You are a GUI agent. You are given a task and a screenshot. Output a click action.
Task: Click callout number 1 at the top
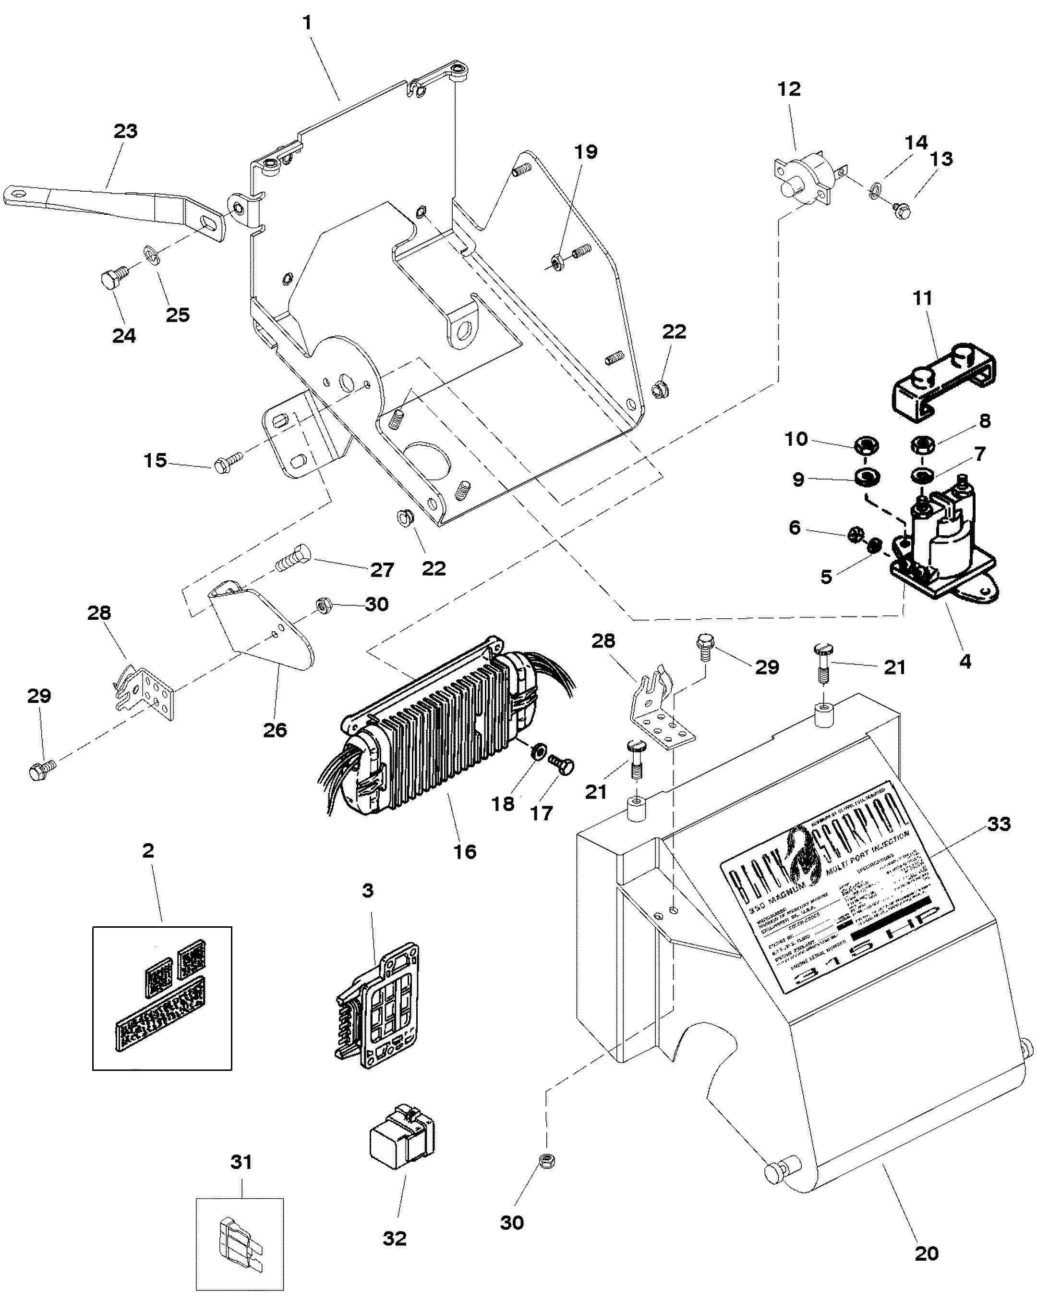tap(307, 24)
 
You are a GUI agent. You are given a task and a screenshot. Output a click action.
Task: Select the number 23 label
tap(126, 131)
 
